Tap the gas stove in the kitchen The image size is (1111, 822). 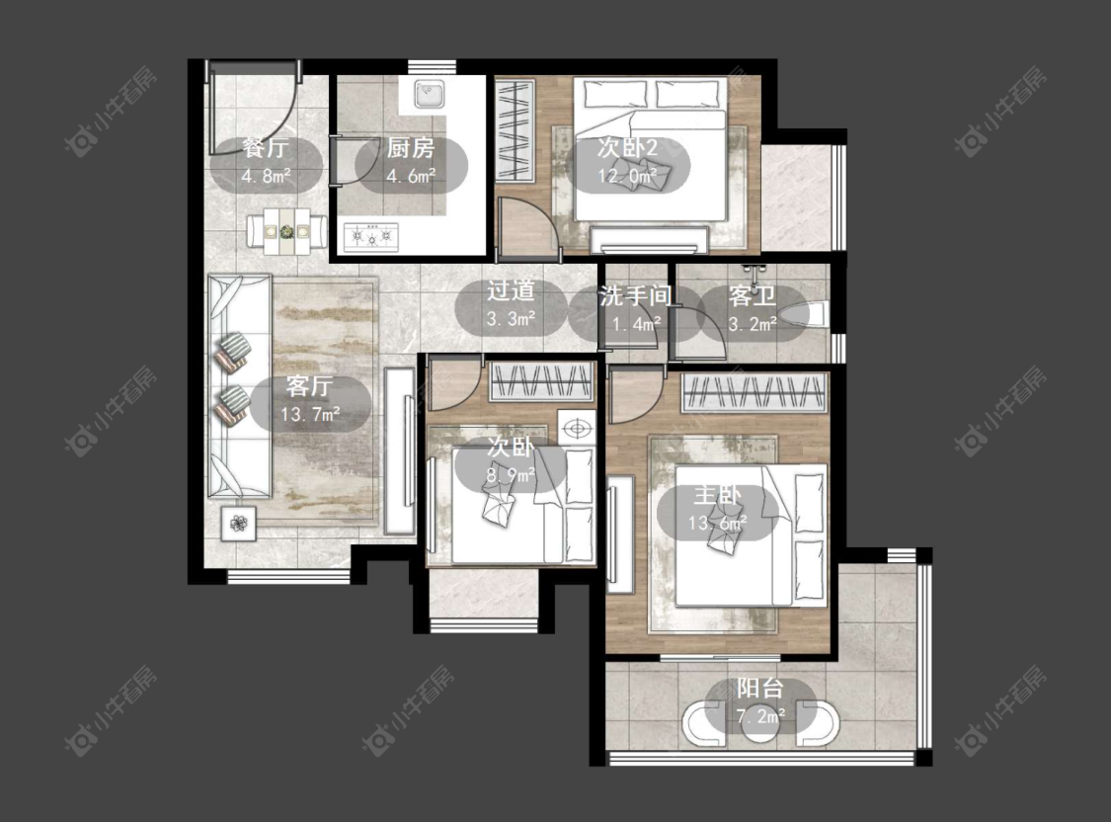tap(371, 237)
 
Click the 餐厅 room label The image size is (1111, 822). tap(266, 148)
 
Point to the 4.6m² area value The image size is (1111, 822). tap(411, 175)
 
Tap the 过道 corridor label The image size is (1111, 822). tap(511, 290)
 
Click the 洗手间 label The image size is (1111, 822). tap(635, 296)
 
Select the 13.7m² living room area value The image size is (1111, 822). tap(310, 414)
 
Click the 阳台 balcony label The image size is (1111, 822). tap(759, 688)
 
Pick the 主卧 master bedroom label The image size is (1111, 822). tap(717, 495)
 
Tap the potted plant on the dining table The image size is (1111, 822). tap(286, 231)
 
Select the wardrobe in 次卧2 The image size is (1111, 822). tap(515, 131)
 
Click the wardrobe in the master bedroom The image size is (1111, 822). tap(754, 393)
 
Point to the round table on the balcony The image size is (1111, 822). tap(759, 726)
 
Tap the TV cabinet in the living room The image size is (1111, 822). tap(400, 451)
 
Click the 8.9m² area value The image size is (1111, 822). tap(511, 475)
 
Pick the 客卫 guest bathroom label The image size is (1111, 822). tap(752, 296)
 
